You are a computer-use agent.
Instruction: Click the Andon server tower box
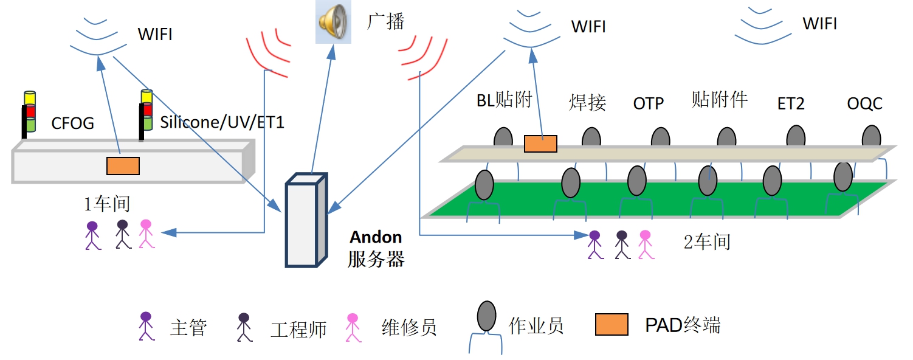[x=306, y=222]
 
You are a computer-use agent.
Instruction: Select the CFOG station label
[x=72, y=123]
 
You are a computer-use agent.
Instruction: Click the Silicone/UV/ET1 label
[x=222, y=122]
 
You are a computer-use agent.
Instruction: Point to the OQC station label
[x=864, y=103]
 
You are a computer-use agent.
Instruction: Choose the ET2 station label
[x=791, y=103]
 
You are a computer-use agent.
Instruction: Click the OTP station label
[x=649, y=103]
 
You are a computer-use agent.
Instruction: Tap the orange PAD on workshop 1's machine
[x=123, y=165]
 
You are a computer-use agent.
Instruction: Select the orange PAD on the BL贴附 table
[x=540, y=144]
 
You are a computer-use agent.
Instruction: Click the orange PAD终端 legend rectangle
[x=612, y=325]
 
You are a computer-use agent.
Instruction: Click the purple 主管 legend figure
[x=145, y=326]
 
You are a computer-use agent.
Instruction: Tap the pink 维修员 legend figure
[x=353, y=327]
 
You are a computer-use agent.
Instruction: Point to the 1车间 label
[x=107, y=204]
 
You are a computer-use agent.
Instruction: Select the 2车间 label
[x=707, y=241]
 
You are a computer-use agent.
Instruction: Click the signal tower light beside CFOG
[x=29, y=112]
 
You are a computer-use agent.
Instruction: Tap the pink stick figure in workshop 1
[x=146, y=234]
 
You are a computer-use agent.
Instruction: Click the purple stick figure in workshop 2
[x=594, y=244]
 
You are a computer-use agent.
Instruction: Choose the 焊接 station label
[x=588, y=102]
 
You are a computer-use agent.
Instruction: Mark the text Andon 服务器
[x=376, y=248]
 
